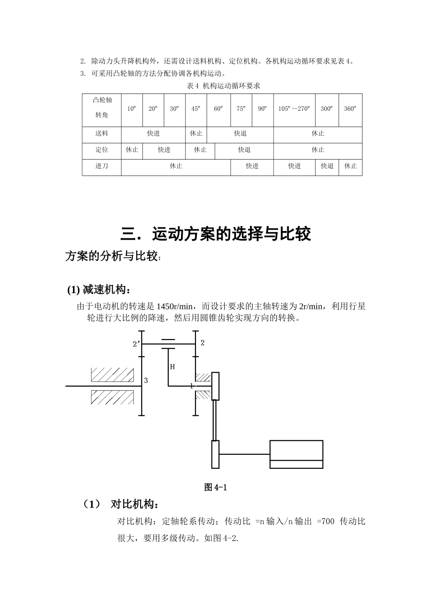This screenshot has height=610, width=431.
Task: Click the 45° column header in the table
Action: (196, 109)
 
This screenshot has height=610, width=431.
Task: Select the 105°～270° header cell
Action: (294, 109)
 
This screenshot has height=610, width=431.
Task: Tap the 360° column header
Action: (350, 109)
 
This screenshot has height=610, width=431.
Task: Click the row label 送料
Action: (102, 133)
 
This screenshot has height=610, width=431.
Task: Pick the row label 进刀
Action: (102, 166)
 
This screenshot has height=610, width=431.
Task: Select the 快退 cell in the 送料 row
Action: (240, 133)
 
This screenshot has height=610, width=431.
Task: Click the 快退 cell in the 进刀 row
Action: (327, 166)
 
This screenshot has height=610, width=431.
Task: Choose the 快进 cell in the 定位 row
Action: (164, 150)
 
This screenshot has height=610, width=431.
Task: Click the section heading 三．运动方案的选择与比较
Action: (216, 234)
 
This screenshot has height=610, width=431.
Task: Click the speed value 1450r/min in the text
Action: (174, 306)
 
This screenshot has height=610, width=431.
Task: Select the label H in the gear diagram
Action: (172, 367)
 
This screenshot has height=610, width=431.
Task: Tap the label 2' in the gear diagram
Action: (136, 344)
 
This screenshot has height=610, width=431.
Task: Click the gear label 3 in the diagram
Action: (146, 381)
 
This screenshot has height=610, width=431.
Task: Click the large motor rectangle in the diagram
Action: (296, 454)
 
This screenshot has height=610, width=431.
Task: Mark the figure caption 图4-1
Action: (215, 487)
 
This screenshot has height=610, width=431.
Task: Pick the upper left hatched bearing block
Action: (113, 374)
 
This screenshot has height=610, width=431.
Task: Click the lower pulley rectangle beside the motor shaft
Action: (215, 454)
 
